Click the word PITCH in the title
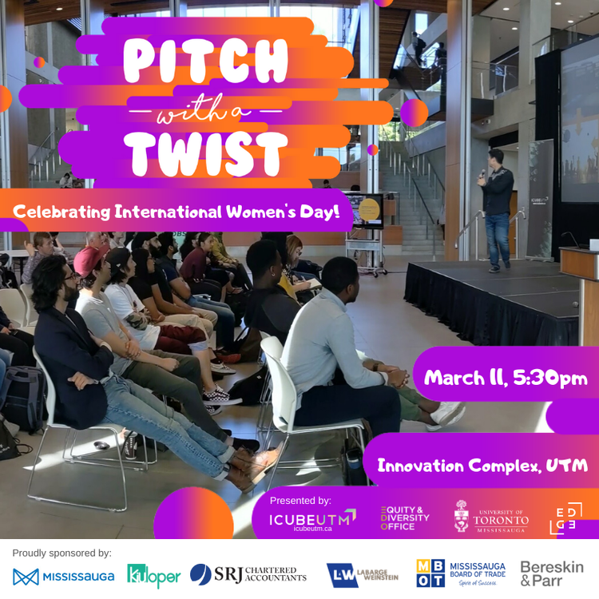coord(205,61)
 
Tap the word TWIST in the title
coord(205,154)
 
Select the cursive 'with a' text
coord(204,111)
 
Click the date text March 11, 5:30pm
coord(506,378)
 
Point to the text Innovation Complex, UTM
coord(482,466)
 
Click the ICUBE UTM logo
coord(312,520)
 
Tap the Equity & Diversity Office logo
coord(405,518)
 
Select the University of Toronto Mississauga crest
coord(462,516)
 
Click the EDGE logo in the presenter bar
coord(565,518)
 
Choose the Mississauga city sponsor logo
coord(63,577)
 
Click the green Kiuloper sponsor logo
coord(153,576)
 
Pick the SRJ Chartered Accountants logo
coord(248,574)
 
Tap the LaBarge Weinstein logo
coord(362,575)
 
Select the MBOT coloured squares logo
coord(430,573)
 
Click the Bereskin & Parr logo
coord(552,573)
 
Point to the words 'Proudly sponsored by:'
coord(61,553)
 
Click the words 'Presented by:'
coord(300,501)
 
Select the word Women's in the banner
coord(260,212)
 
